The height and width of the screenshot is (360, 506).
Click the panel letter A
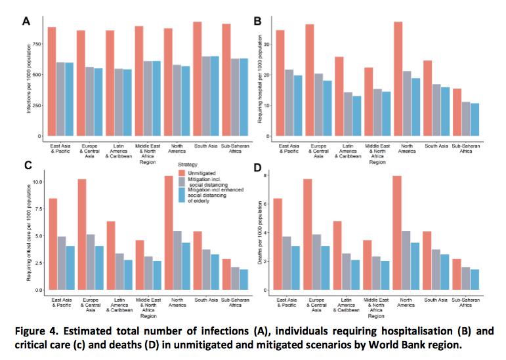26,20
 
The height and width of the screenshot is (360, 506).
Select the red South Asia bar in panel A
197,79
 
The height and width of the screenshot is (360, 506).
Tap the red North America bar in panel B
398,79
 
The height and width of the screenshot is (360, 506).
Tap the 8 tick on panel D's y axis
264,176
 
